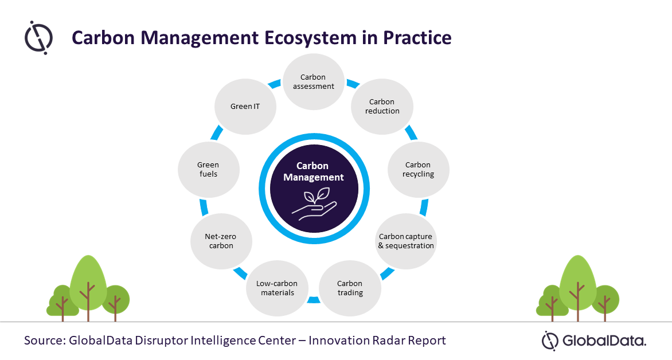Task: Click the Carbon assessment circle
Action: pyautogui.click(x=314, y=81)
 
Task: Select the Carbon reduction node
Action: pyautogui.click(x=382, y=106)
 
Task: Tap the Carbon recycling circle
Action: pyautogui.click(x=419, y=170)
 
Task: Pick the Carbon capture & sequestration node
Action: pyautogui.click(x=407, y=241)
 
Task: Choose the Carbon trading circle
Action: pyautogui.click(x=350, y=288)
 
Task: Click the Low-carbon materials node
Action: pyautogui.click(x=278, y=288)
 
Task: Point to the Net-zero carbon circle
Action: pyautogui.click(x=221, y=241)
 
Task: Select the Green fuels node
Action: pyautogui.click(x=209, y=170)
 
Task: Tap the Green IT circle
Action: pyautogui.click(x=245, y=106)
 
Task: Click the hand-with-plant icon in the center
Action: pyautogui.click(x=314, y=206)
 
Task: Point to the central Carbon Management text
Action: pyautogui.click(x=313, y=171)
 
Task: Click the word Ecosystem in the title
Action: pyautogui.click(x=310, y=38)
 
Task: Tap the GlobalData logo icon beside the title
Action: pyautogui.click(x=38, y=38)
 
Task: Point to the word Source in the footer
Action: pyautogui.click(x=45, y=341)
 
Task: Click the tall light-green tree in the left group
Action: pyautogui.click(x=88, y=287)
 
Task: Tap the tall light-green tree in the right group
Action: pyautogui.click(x=578, y=287)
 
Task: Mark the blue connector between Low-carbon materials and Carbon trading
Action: pyautogui.click(x=314, y=300)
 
